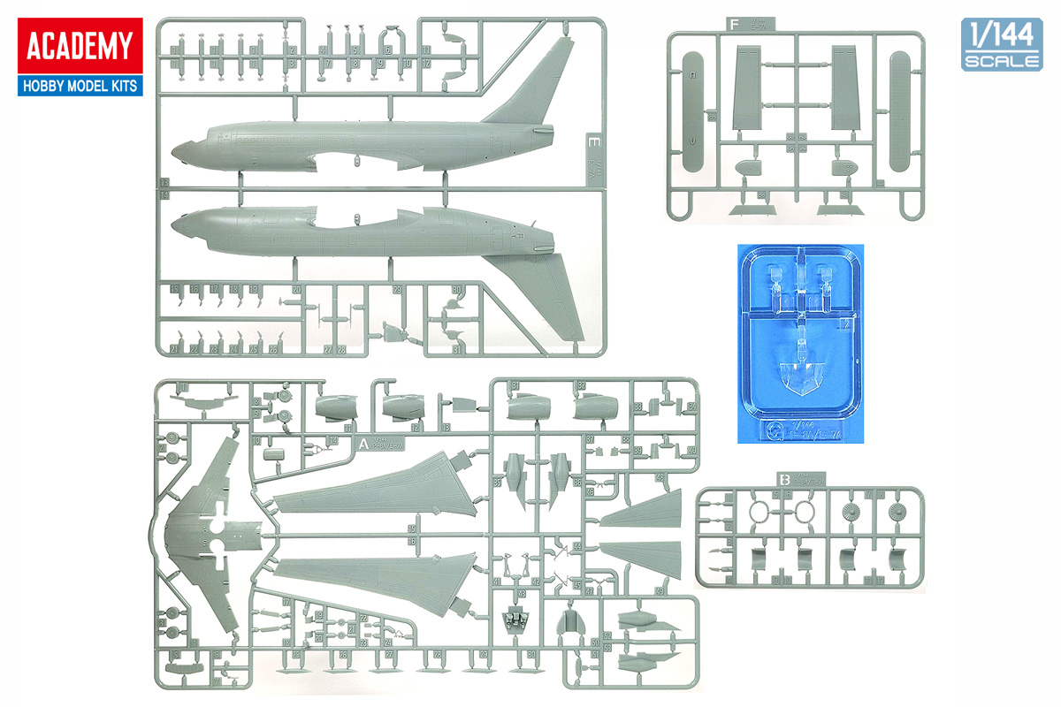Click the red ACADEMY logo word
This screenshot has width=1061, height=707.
[x=79, y=46]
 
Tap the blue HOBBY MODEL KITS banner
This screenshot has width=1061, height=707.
[x=79, y=86]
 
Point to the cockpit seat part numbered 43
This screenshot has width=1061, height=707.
[x=515, y=618]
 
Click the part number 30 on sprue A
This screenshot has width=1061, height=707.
[x=531, y=655]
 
